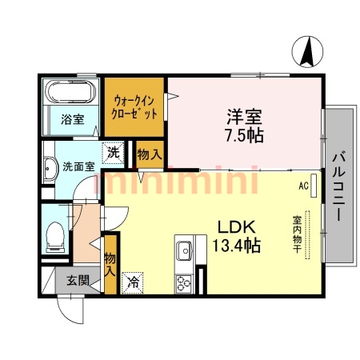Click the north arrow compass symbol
(x=306, y=53)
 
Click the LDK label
(x=234, y=226)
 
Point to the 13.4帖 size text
(x=234, y=245)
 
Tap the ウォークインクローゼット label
(x=133, y=106)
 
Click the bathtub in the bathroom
(x=70, y=92)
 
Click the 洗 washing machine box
(x=114, y=151)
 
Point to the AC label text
(x=303, y=186)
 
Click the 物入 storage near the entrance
(x=110, y=263)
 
